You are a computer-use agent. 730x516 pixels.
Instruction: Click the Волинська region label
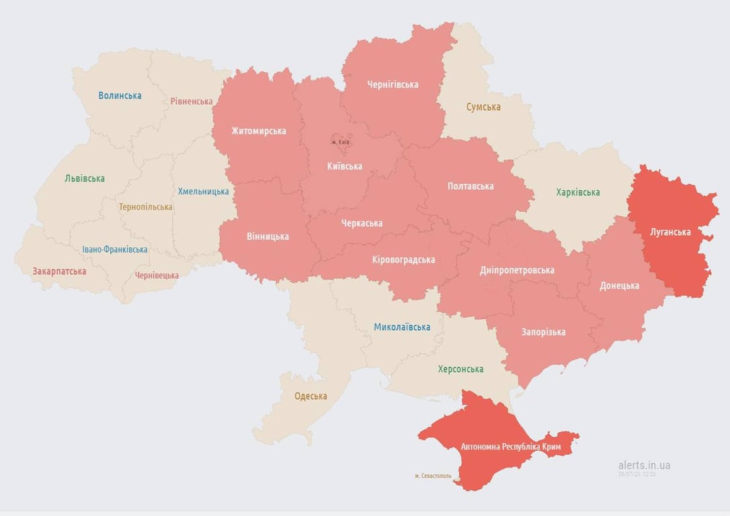tap(120, 95)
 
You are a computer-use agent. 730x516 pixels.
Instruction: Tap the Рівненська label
tap(191, 101)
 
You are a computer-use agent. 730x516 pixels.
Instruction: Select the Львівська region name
tap(85, 179)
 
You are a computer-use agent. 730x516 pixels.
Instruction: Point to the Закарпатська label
tap(59, 271)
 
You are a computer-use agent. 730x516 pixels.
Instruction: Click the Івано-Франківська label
tap(115, 249)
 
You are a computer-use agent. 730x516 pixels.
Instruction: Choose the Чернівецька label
tap(157, 275)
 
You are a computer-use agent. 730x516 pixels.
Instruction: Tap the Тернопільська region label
tap(145, 207)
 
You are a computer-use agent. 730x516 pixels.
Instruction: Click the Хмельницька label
tap(203, 191)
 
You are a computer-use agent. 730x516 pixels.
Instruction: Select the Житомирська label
tap(259, 131)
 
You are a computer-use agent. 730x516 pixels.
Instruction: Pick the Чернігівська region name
tap(393, 85)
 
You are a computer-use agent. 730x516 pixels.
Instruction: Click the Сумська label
tap(483, 107)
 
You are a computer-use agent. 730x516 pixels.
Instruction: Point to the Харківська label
tap(577, 193)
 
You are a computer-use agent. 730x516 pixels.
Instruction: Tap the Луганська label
tap(670, 232)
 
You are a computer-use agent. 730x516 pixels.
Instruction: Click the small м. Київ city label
tap(341, 142)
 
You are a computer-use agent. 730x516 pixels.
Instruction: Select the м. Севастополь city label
tap(433, 476)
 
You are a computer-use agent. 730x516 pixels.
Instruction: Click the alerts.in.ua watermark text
tap(644, 465)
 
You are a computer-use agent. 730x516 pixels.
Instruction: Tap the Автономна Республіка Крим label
tap(510, 446)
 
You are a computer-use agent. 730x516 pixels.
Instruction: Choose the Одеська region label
tap(311, 396)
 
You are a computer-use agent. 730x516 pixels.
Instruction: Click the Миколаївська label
tap(402, 327)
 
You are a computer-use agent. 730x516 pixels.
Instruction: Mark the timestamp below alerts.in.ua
tap(637, 474)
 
